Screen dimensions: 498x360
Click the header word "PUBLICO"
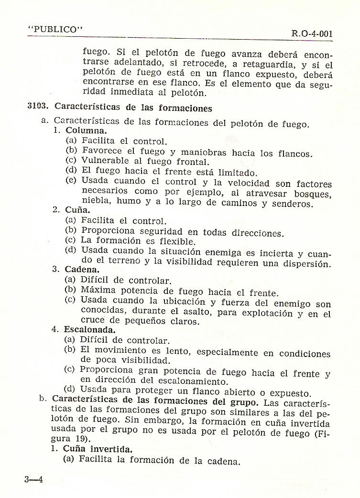coord(55,30)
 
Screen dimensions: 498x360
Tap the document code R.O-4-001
coord(312,34)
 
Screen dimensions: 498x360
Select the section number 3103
coord(39,108)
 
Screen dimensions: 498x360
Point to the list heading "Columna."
coord(86,130)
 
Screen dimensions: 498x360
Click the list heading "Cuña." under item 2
coord(77,209)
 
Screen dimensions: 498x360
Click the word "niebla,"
coord(96,203)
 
